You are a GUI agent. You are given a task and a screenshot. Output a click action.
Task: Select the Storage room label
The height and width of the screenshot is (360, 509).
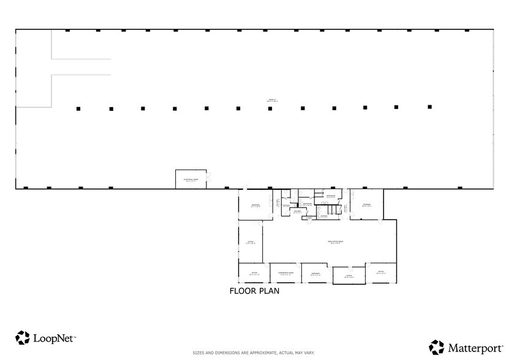point(366,204)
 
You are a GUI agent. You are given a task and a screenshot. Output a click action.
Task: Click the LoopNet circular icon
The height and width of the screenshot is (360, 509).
point(23,337)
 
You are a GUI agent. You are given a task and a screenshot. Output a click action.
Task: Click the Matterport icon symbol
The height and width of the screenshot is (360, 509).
point(437,347)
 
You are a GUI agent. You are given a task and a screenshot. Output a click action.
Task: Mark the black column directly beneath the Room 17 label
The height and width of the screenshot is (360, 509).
point(270,108)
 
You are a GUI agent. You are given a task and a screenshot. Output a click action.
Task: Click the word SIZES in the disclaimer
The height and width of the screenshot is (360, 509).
point(198,353)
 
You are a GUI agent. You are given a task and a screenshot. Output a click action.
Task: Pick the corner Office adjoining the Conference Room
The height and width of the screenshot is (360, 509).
point(254,273)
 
